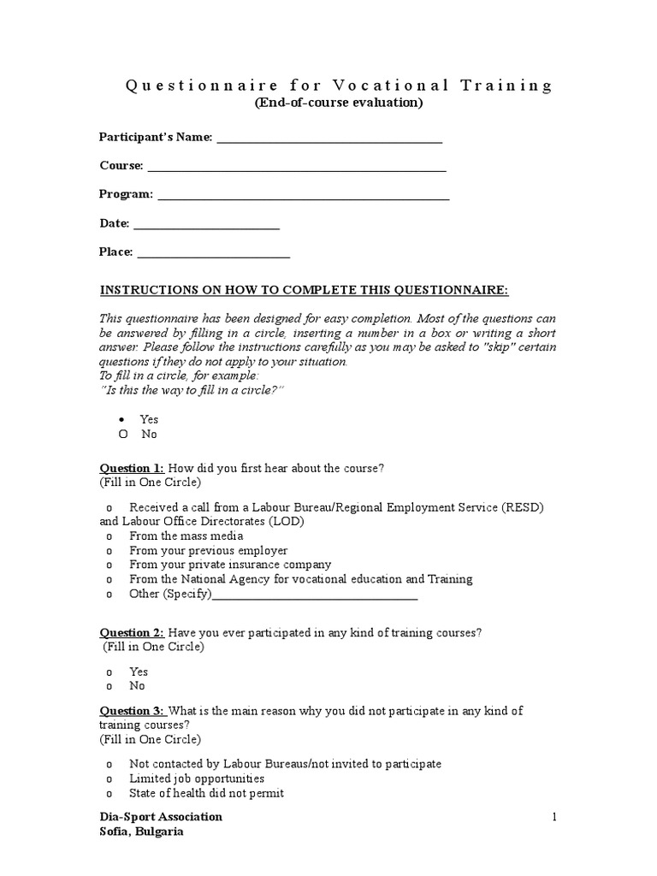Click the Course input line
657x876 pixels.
(x=296, y=169)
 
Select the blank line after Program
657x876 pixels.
(x=304, y=198)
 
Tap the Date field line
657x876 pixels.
(x=206, y=227)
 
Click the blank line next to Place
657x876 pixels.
(x=213, y=255)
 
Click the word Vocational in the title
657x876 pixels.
(x=373, y=86)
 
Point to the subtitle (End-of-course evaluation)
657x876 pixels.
(x=338, y=104)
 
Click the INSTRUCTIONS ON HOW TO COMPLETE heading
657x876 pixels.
(x=305, y=290)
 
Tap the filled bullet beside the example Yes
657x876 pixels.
(x=122, y=419)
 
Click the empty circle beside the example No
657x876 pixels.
(x=122, y=434)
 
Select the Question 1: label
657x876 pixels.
(x=132, y=468)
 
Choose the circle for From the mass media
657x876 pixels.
(x=109, y=536)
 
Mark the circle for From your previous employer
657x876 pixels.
(x=109, y=551)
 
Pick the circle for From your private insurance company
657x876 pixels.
(x=109, y=565)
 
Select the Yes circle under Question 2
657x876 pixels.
(x=109, y=672)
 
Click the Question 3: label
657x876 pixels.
(x=132, y=711)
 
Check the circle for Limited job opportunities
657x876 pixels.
(x=109, y=779)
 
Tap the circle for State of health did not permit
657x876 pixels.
(x=109, y=794)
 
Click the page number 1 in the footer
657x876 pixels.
(x=553, y=817)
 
